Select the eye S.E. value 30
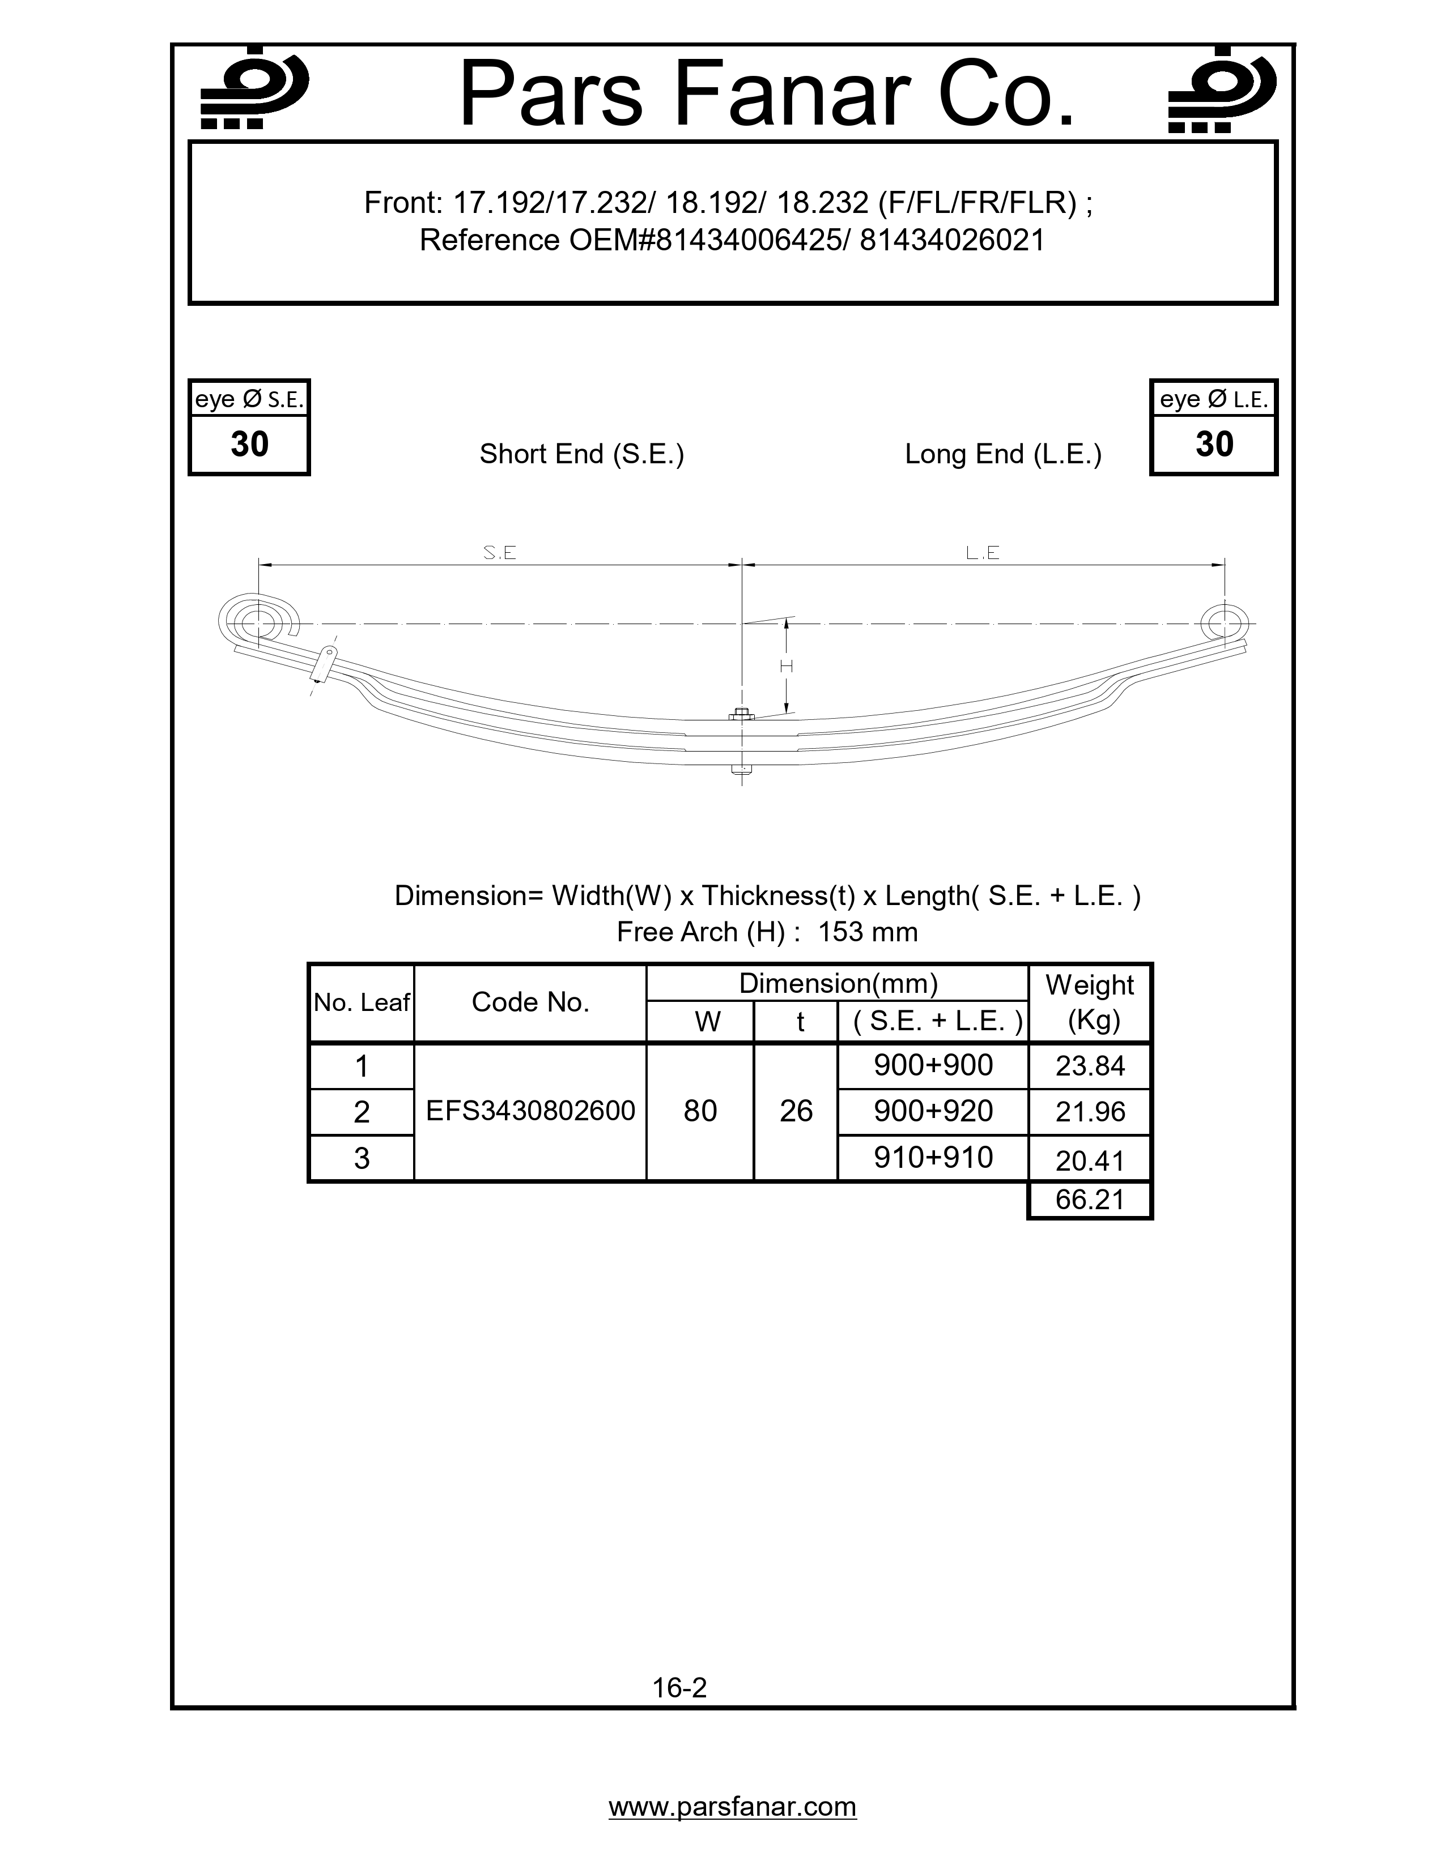click(x=249, y=444)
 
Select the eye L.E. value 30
click(x=1214, y=444)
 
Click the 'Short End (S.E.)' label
click(x=581, y=454)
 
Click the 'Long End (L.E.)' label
click(x=1002, y=454)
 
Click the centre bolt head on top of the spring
click(x=741, y=713)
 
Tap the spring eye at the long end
click(x=1223, y=622)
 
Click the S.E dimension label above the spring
click(x=500, y=553)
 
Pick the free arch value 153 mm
click(x=867, y=931)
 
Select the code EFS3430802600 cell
click(x=530, y=1111)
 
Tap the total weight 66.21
click(x=1090, y=1199)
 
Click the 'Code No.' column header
click(x=530, y=1002)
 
